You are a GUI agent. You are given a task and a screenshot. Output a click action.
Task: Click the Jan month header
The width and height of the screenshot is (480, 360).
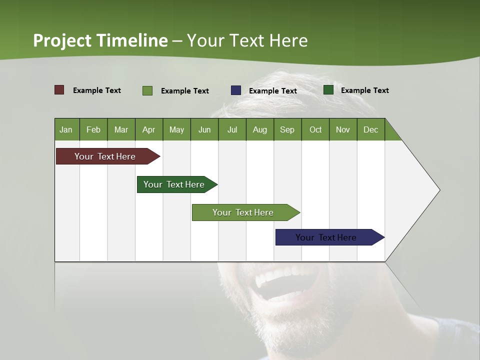(66, 129)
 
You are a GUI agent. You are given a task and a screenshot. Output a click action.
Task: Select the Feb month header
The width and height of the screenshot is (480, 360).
(93, 129)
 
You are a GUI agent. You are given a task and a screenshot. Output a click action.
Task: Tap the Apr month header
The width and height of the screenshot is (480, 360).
(149, 129)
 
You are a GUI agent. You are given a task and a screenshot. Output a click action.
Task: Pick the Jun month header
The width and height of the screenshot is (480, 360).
(204, 129)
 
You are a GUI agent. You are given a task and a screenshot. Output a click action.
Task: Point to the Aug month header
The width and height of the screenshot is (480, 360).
(260, 129)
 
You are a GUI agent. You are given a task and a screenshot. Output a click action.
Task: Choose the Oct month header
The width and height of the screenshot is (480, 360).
(315, 129)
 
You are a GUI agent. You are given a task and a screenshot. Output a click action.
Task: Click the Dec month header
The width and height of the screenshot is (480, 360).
(371, 129)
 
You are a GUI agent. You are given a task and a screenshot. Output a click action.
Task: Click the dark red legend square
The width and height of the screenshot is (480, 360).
(59, 90)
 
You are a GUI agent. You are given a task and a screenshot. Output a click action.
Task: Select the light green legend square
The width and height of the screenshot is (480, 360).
(147, 90)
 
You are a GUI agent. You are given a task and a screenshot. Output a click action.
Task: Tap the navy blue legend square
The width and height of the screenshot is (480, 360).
(236, 90)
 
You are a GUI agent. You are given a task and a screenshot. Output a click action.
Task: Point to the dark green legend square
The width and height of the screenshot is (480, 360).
(328, 90)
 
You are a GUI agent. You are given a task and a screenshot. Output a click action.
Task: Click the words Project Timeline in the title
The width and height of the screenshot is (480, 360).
(100, 40)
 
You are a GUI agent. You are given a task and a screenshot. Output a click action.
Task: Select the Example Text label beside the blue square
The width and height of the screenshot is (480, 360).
(273, 91)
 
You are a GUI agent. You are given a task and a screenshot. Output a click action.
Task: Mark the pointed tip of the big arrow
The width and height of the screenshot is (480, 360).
(439, 190)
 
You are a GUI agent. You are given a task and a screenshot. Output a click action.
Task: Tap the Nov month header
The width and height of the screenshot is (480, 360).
(343, 129)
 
